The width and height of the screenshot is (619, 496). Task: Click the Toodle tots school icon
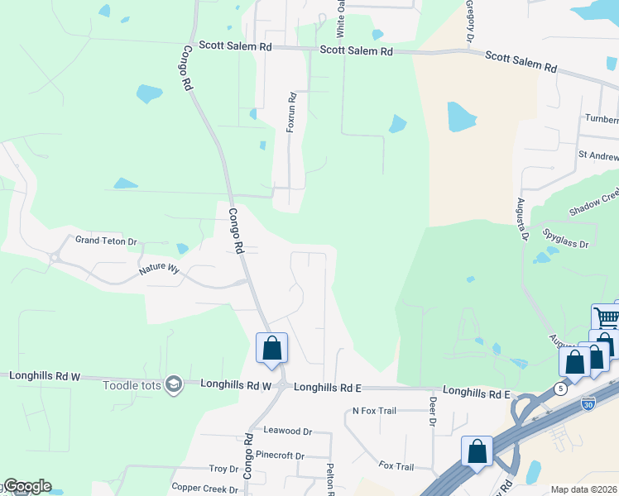pos(173,384)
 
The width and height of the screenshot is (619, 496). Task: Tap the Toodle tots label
pos(132,385)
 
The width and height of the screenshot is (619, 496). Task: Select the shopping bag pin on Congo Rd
pos(271,349)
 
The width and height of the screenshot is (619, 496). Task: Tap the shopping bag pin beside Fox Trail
pos(477,452)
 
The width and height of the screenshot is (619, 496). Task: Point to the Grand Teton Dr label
pos(106,241)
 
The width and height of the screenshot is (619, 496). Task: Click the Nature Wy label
pos(159,269)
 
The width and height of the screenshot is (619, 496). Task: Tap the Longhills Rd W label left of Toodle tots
pos(45,375)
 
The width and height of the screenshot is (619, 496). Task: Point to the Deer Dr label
pos(432,411)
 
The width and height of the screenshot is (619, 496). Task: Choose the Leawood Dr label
pos(287,431)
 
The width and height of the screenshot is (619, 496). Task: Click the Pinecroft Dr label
pos(281,455)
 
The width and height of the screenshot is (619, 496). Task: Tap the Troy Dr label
pos(223,469)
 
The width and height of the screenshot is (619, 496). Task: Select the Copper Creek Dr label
pos(204,489)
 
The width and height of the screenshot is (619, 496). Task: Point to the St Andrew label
pos(597,155)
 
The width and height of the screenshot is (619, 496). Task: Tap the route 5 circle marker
pos(561,388)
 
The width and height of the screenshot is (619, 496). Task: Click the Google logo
pos(26,486)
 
